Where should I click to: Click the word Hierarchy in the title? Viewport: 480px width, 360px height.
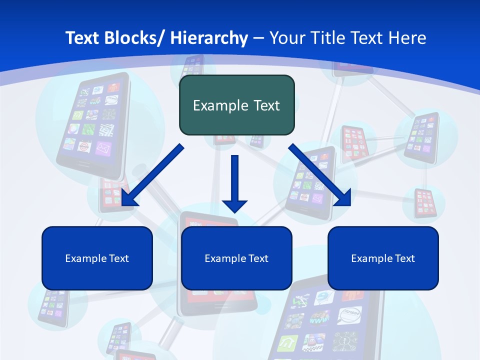[x=209, y=38]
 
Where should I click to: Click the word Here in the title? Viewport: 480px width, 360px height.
[x=406, y=38]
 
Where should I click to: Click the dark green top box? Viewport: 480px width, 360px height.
[x=236, y=105]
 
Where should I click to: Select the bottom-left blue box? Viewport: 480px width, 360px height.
[x=97, y=258]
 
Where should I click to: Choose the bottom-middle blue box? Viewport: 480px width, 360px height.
[x=236, y=258]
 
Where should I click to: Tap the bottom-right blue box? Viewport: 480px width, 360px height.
[x=383, y=258]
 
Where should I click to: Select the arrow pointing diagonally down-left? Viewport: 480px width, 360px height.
[x=152, y=175]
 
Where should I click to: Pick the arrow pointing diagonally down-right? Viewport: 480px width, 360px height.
[x=320, y=175]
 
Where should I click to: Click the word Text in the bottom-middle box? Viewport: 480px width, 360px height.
[x=257, y=258]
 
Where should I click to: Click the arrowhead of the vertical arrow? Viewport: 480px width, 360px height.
[x=234, y=205]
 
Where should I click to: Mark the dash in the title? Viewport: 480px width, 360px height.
[x=258, y=38]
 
